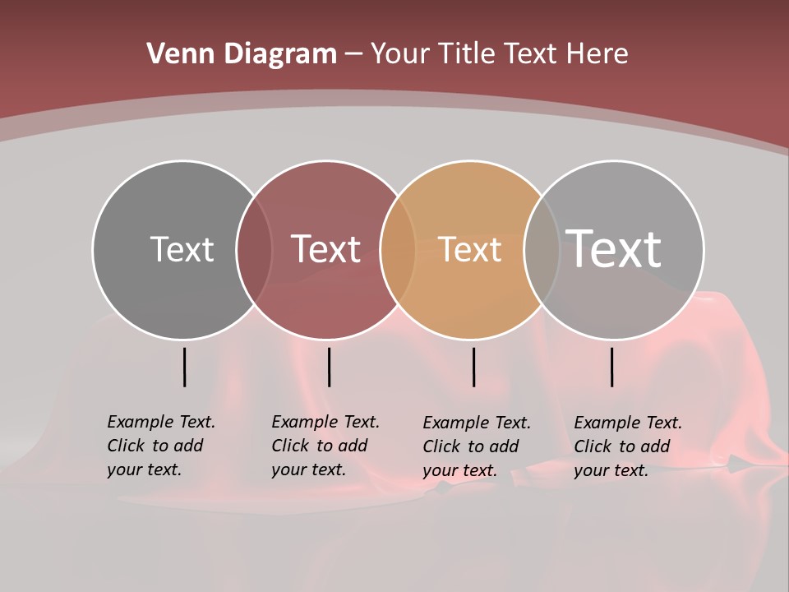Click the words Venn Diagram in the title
tap(242, 54)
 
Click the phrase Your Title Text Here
tap(499, 54)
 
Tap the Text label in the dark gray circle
tap(182, 249)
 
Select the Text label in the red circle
tap(325, 249)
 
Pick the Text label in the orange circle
tap(469, 249)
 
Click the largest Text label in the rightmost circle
tap(614, 248)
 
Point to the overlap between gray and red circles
tap(254, 250)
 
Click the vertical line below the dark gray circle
tap(184, 367)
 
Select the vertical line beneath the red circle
tap(329, 367)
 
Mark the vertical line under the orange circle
tap(473, 367)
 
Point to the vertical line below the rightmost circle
tap(611, 367)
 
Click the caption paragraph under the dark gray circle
tap(160, 446)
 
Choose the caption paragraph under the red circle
tap(325, 446)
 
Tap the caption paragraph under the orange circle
tap(476, 446)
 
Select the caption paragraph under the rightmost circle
tap(627, 446)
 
